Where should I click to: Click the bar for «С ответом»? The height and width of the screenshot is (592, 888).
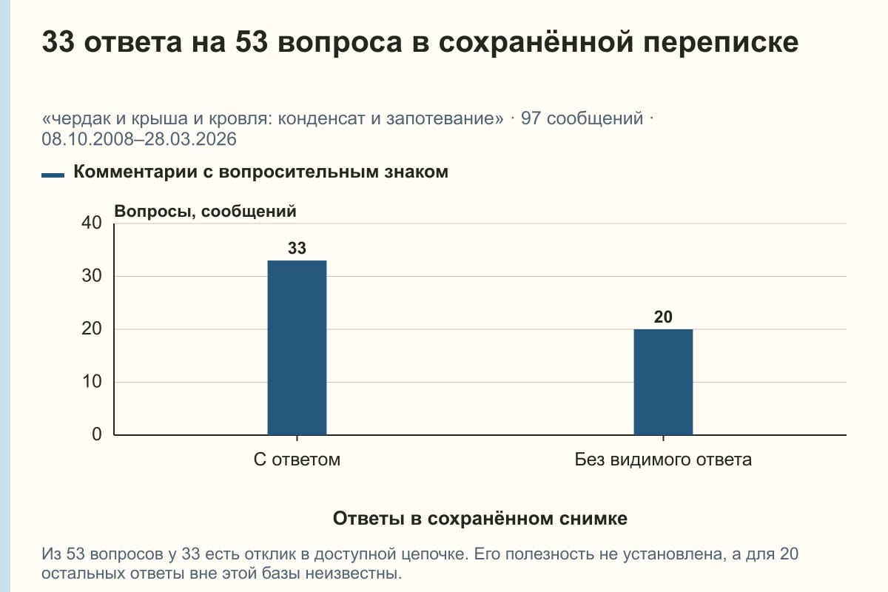[297, 348]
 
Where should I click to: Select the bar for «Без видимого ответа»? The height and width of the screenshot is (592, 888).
[663, 382]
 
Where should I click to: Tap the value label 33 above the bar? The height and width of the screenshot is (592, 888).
[297, 248]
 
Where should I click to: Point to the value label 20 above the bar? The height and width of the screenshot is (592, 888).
[663, 317]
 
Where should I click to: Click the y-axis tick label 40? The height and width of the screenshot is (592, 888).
[92, 223]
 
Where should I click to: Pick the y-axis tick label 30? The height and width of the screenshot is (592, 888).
[92, 276]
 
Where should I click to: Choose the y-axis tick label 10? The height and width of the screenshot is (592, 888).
[92, 382]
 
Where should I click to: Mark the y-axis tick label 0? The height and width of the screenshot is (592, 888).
[97, 434]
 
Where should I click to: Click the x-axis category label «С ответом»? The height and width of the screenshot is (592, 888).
[297, 460]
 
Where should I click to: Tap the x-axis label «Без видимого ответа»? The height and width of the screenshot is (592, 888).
[663, 460]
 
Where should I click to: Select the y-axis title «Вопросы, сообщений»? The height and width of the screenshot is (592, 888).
[206, 212]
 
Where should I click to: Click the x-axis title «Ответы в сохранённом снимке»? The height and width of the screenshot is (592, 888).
[480, 518]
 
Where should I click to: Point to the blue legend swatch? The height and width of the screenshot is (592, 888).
[53, 175]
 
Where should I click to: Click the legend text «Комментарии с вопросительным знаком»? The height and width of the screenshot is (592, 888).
[260, 172]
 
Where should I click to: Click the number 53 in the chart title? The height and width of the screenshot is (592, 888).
[252, 41]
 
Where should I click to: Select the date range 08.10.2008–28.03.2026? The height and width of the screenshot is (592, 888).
[139, 139]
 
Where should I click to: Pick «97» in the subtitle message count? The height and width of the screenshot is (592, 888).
[531, 118]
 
